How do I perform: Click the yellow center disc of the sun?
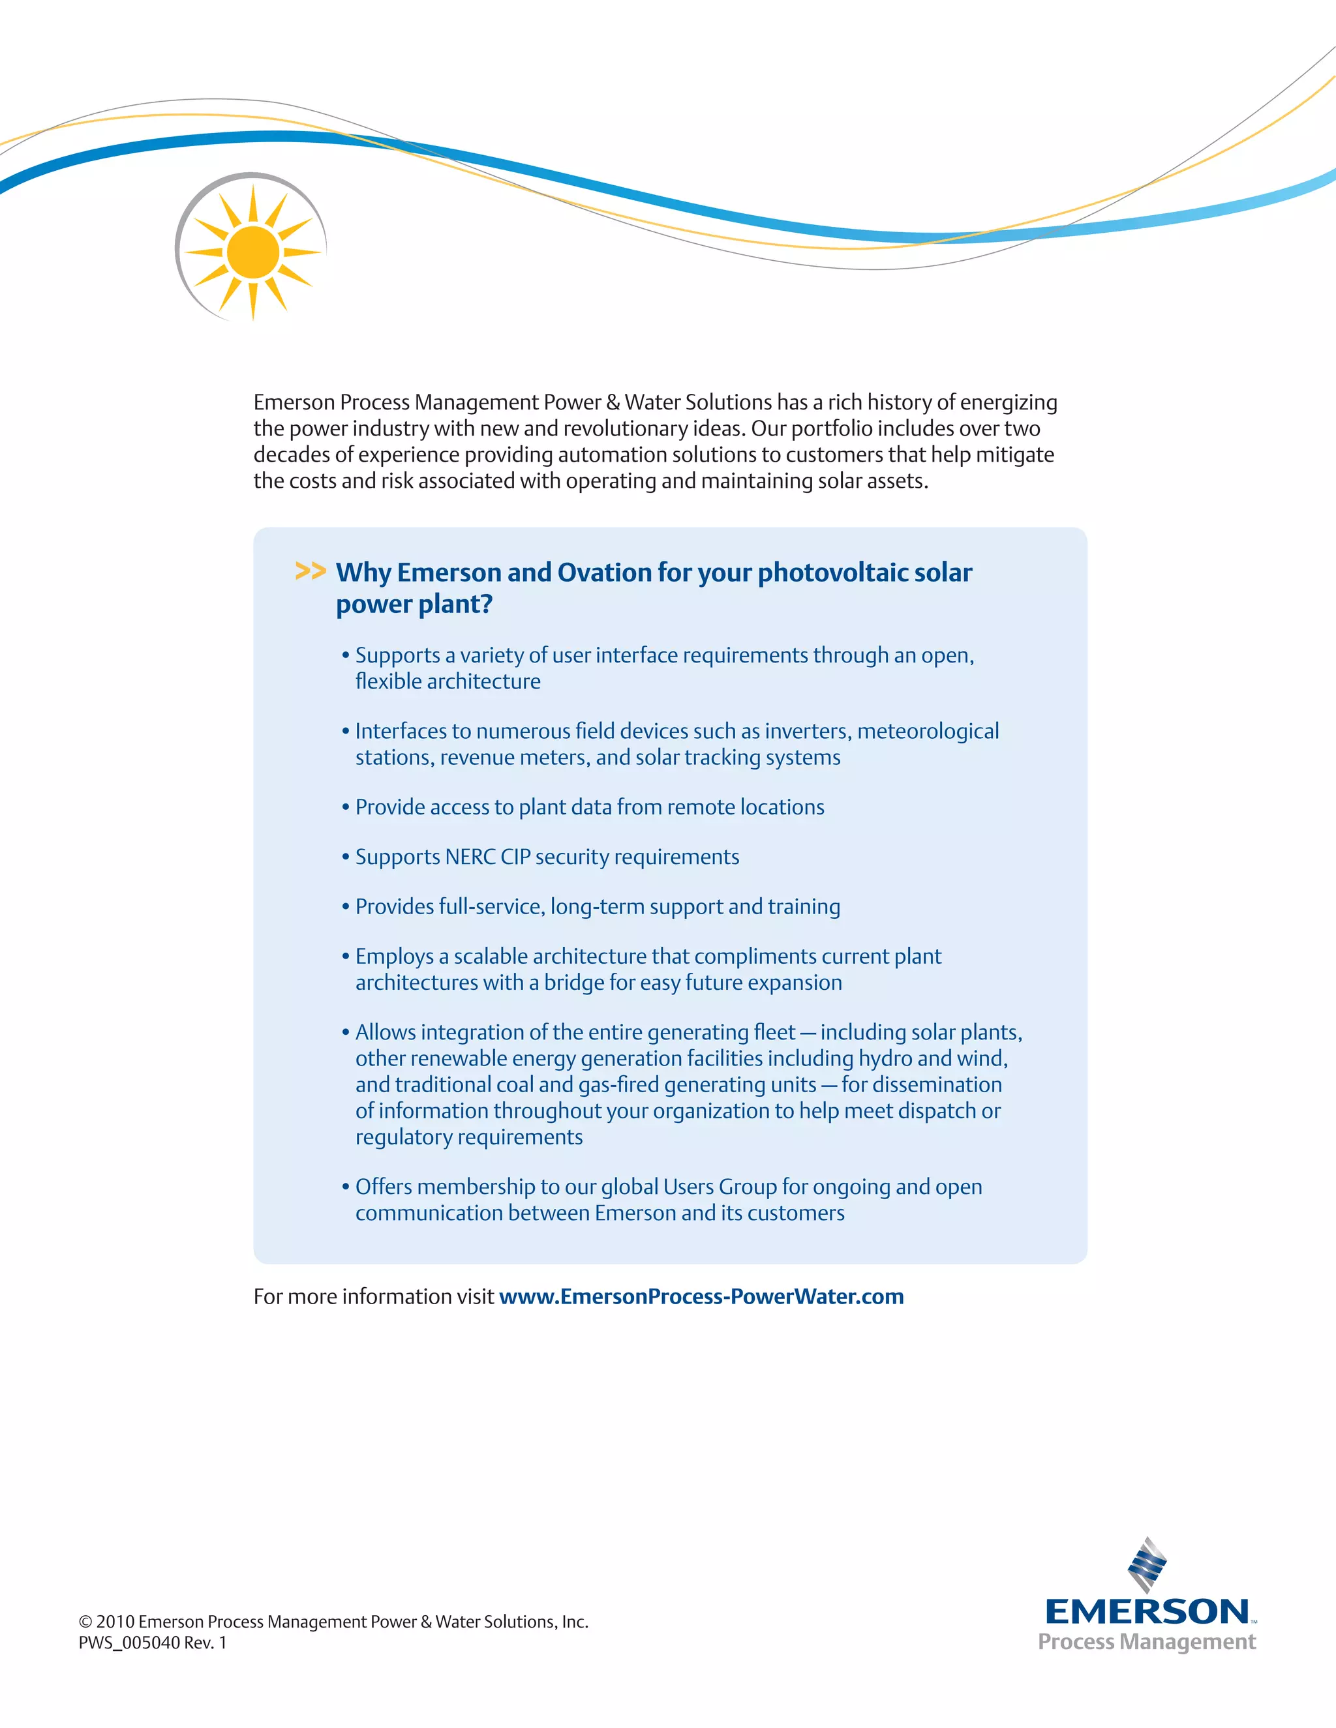click(252, 252)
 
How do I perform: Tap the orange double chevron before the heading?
click(311, 571)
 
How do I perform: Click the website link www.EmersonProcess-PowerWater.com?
click(701, 1296)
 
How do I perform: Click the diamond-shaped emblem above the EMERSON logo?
click(1147, 1564)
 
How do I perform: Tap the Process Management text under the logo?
click(1146, 1642)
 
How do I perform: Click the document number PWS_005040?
click(129, 1643)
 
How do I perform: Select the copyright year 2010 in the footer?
click(115, 1622)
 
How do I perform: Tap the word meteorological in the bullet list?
click(928, 731)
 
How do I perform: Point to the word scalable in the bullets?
click(490, 957)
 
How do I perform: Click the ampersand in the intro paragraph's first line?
click(613, 403)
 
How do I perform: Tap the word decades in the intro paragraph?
click(290, 455)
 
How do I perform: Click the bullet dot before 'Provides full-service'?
click(346, 907)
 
